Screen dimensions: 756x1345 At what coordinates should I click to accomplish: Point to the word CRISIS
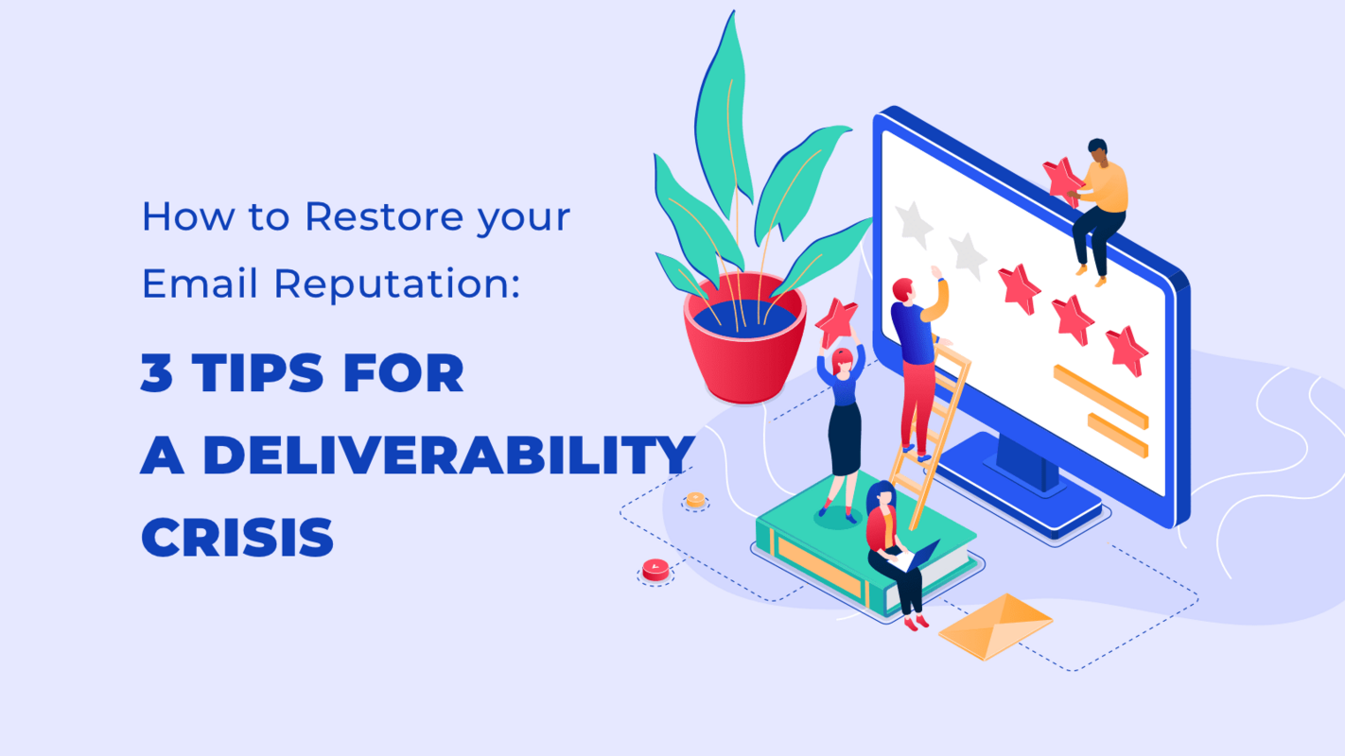coord(237,538)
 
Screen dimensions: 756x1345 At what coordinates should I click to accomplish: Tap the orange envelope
coord(995,625)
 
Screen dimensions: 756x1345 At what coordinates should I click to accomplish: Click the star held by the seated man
coord(1062,179)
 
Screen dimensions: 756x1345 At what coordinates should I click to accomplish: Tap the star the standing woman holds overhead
coord(836,322)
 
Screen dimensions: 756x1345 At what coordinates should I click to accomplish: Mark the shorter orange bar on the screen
coord(1116,434)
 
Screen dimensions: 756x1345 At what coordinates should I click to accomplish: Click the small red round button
coord(655,569)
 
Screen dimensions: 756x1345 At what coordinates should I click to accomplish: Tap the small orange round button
coord(695,500)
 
